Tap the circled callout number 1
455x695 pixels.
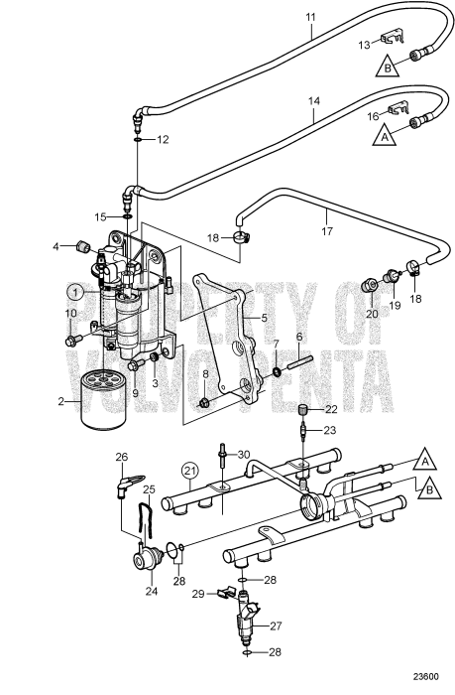75,292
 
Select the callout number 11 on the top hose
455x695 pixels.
309,17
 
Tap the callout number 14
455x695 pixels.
312,101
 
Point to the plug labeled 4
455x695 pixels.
82,247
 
